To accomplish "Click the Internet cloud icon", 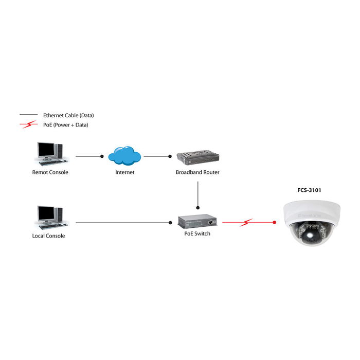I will [x=125, y=155].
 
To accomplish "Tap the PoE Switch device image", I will [x=197, y=221].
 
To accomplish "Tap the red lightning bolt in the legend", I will [x=29, y=124].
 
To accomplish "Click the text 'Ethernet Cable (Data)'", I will [x=68, y=115].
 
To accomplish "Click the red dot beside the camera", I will [x=275, y=223].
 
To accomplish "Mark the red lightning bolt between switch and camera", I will [x=247, y=223].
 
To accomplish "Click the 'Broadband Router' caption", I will [x=197, y=172].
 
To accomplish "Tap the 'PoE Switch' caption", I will [x=197, y=233].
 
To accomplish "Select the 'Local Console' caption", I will [x=48, y=236].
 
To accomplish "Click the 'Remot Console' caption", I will [x=50, y=172].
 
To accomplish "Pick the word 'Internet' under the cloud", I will [x=125, y=172].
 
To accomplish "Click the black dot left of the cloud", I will [x=102, y=156].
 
